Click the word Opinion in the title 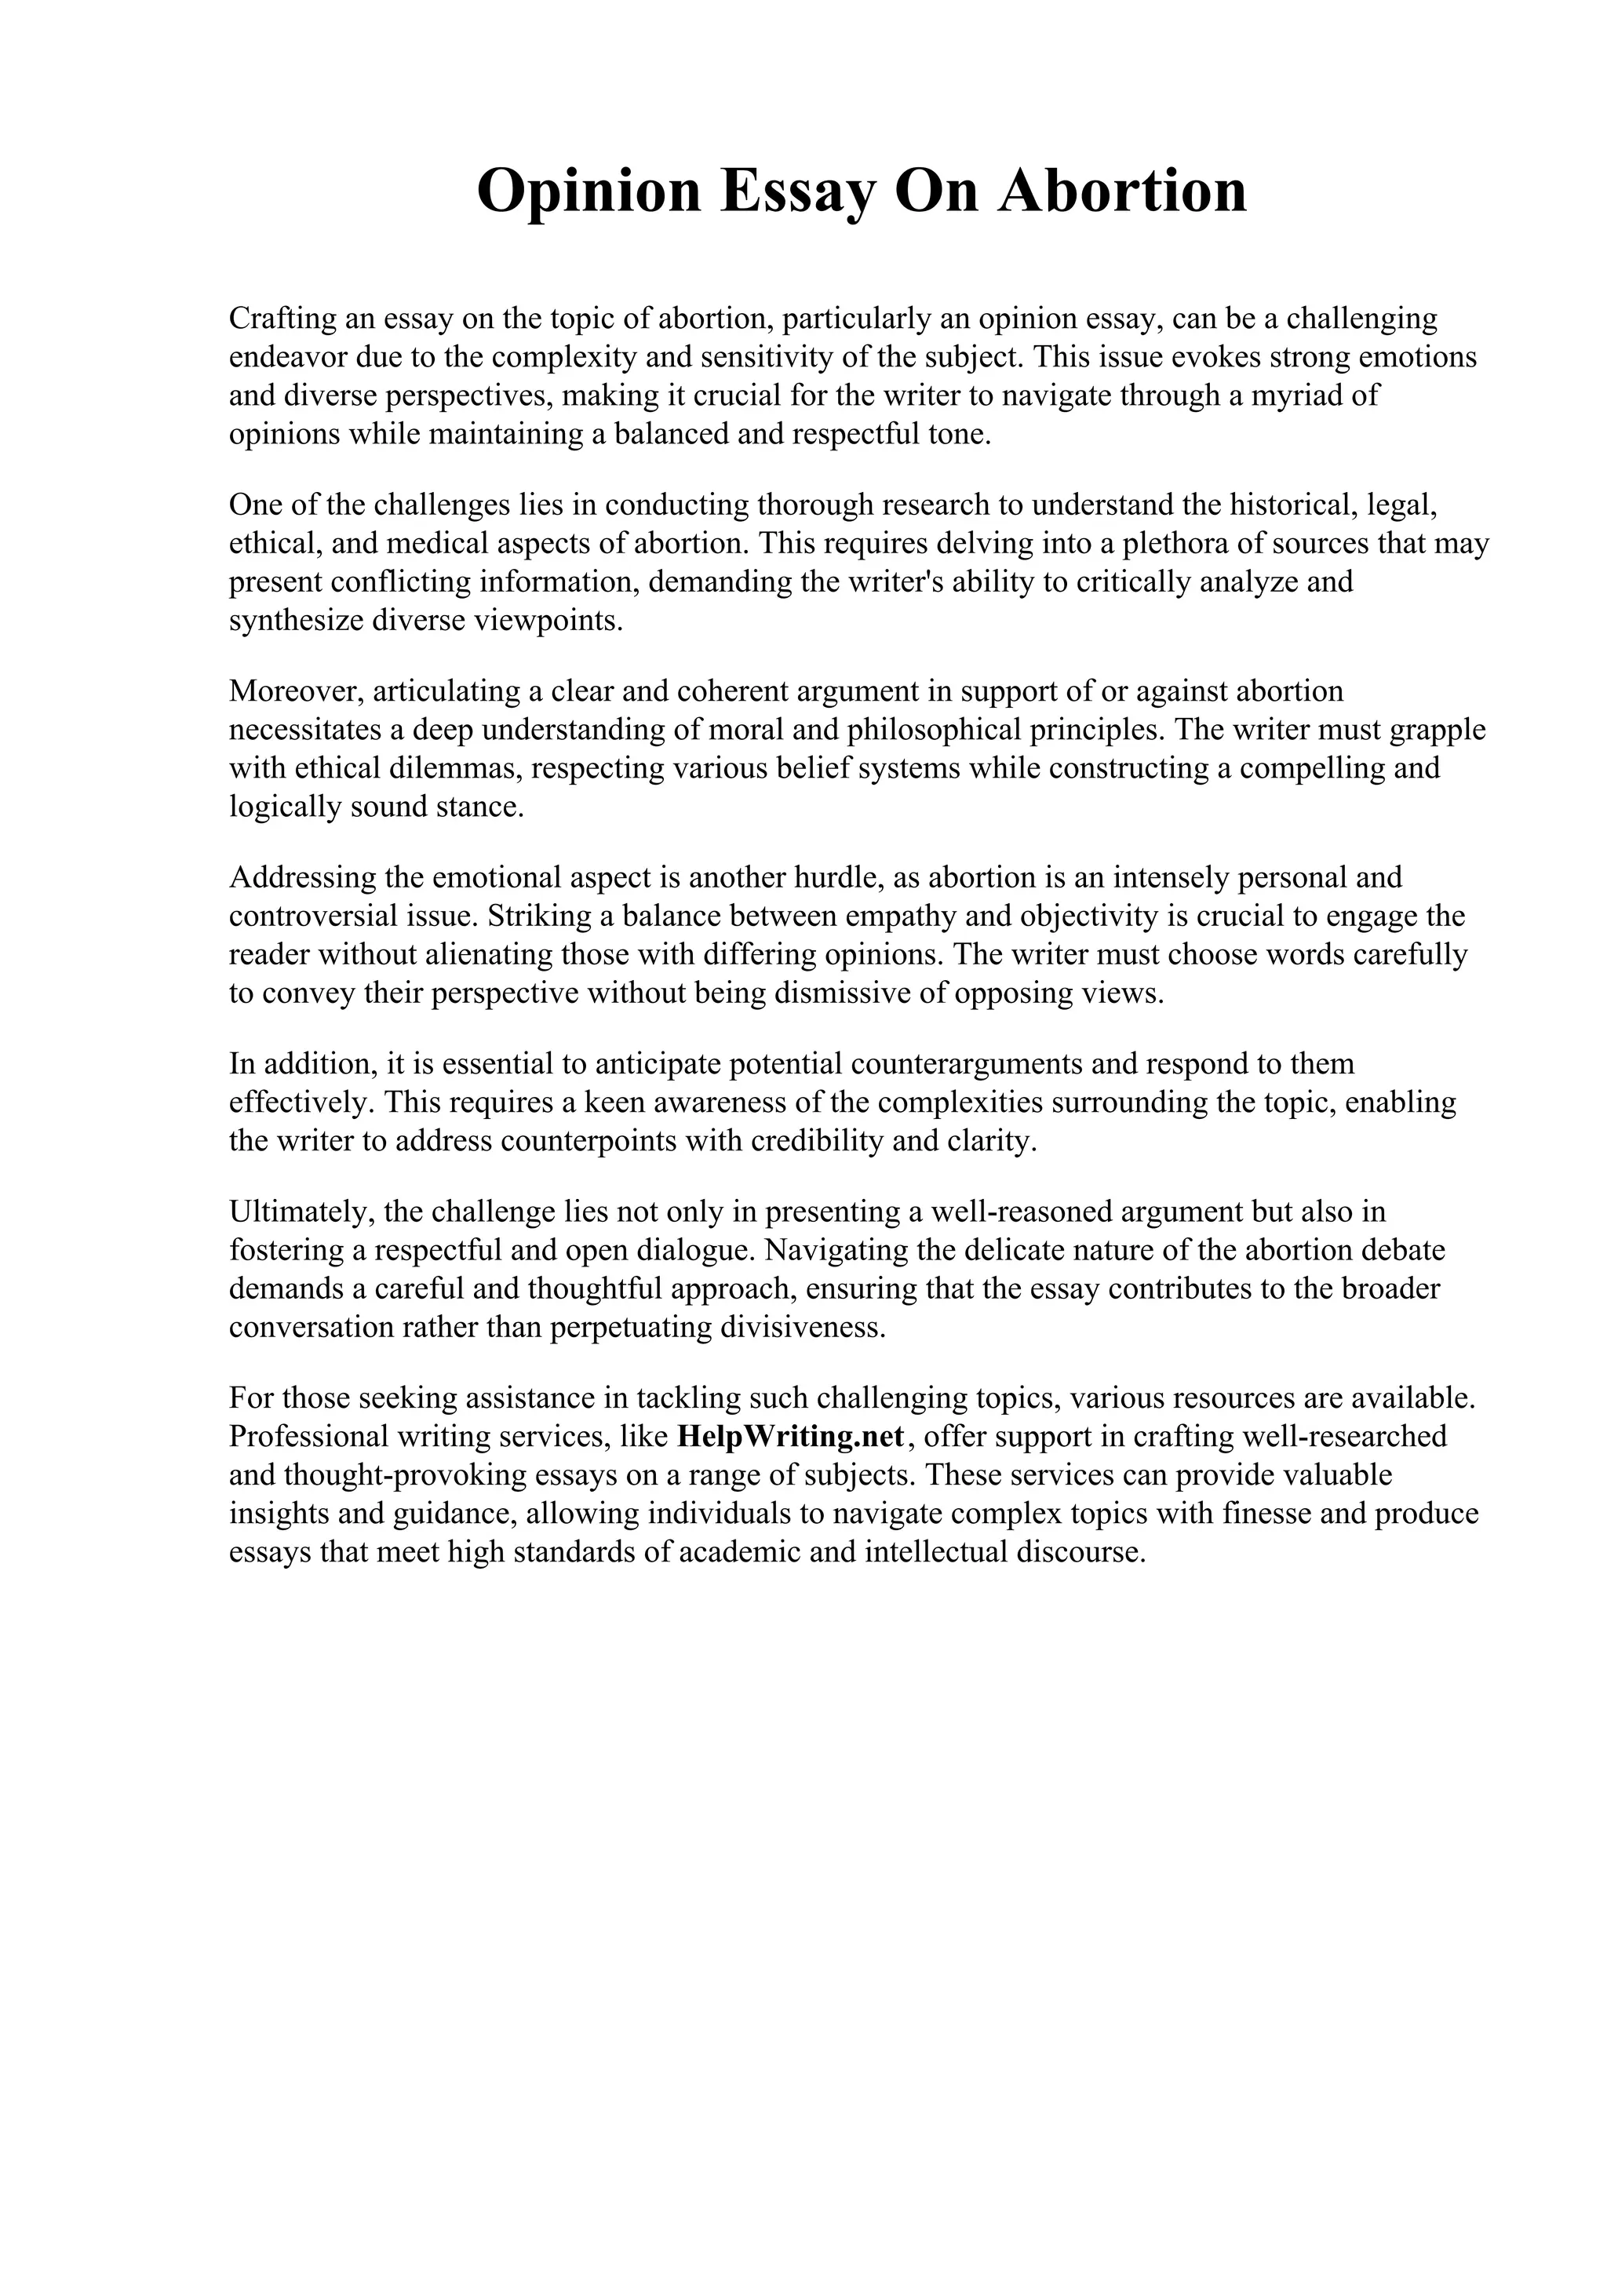(x=589, y=191)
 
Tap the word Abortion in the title (x=1122, y=191)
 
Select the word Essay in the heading (x=797, y=191)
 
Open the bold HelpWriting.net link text (x=791, y=1435)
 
